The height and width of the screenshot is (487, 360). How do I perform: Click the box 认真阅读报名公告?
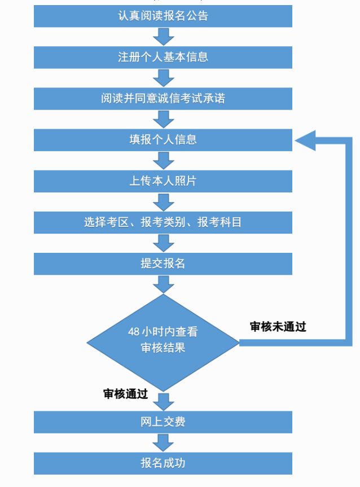[163, 16]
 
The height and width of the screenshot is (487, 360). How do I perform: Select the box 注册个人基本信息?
[163, 57]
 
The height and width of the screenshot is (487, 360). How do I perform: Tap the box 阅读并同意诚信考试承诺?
[163, 98]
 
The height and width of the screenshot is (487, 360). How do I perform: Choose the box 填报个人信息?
[163, 139]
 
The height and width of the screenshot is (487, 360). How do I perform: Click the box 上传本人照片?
[163, 181]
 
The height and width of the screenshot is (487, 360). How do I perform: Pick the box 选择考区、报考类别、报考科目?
[163, 222]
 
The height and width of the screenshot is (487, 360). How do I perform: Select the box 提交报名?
[163, 263]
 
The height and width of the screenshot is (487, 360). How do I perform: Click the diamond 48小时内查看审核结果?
[163, 341]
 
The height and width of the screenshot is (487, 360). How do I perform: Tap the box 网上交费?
[163, 422]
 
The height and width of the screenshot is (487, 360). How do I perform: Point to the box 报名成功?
[163, 463]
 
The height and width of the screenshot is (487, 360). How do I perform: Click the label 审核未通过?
[278, 327]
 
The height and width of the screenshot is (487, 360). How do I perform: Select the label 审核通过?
[125, 394]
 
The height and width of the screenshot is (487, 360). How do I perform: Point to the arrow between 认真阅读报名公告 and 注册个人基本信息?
[164, 36]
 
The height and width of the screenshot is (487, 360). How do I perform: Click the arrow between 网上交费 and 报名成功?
[164, 442]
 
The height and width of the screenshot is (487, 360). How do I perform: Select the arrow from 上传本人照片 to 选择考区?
[164, 201]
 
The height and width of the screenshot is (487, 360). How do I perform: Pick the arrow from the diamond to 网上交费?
[164, 401]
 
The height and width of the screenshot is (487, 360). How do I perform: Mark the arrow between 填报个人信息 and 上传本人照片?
[164, 160]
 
